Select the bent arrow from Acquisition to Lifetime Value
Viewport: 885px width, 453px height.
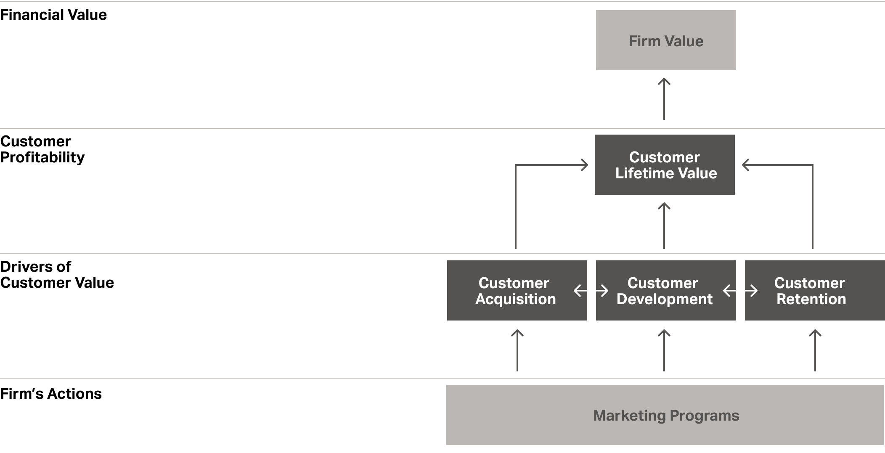(x=516, y=202)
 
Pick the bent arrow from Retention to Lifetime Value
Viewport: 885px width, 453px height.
(x=812, y=202)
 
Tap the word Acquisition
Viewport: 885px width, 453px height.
(x=516, y=299)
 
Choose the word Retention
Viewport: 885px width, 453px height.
(x=811, y=299)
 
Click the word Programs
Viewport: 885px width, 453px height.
(x=704, y=416)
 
